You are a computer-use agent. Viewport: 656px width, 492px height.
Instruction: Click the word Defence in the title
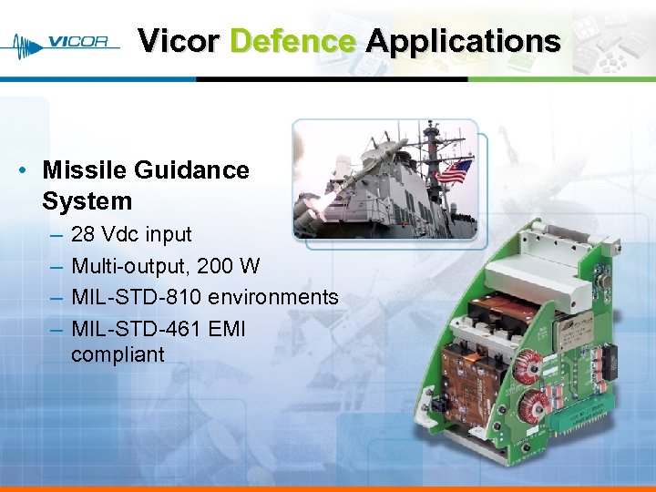tap(292, 41)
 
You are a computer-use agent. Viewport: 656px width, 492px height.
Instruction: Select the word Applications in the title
tap(463, 41)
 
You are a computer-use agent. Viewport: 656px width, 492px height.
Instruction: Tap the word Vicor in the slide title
tap(179, 41)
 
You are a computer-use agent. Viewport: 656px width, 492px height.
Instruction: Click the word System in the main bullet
tap(87, 201)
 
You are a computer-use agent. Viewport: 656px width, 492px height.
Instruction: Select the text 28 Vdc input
tap(131, 234)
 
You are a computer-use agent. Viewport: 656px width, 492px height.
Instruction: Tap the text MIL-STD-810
tap(137, 297)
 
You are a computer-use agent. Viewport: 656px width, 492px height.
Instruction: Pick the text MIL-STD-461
tap(137, 328)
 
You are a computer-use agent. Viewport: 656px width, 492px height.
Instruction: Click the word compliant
tap(118, 354)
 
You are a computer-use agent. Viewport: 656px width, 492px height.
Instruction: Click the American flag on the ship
tap(454, 171)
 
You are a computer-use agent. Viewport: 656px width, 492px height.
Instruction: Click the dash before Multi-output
tap(56, 266)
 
